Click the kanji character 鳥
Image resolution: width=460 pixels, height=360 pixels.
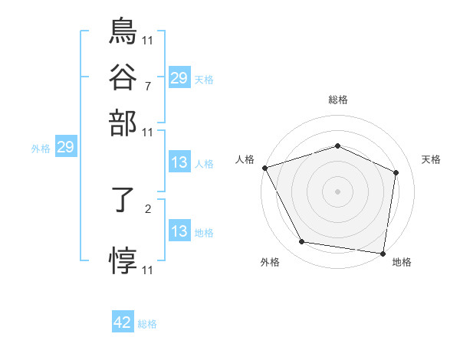[x=123, y=31]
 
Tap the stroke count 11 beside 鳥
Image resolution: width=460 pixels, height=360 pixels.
[x=148, y=38]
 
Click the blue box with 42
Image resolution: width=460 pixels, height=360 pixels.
[x=123, y=323]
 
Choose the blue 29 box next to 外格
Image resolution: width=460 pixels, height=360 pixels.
[x=65, y=147]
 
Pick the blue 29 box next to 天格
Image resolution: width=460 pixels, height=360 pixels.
[x=179, y=77]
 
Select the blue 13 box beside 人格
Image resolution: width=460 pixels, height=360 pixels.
[x=179, y=162]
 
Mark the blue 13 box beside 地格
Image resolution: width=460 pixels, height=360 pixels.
[x=179, y=231]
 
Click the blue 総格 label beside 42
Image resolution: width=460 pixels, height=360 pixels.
[x=147, y=324]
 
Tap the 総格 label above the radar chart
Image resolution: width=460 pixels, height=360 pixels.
[x=338, y=100]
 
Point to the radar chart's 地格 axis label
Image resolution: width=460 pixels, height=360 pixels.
[x=402, y=262]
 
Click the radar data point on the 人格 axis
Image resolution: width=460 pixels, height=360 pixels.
[x=264, y=168]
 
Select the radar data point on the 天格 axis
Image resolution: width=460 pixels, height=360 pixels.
[x=396, y=172]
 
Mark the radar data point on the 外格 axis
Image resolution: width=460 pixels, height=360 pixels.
[x=302, y=242]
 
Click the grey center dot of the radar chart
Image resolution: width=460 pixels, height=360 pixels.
[x=338, y=191]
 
